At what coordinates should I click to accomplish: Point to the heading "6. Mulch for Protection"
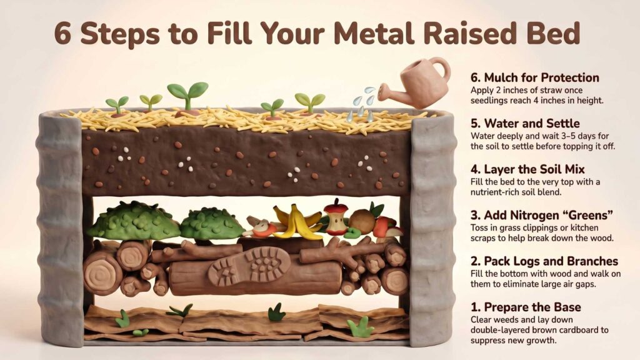534,78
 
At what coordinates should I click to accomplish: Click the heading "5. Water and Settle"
525,124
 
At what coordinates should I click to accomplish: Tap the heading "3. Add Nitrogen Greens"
541,216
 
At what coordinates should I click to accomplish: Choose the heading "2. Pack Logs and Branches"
544,261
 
